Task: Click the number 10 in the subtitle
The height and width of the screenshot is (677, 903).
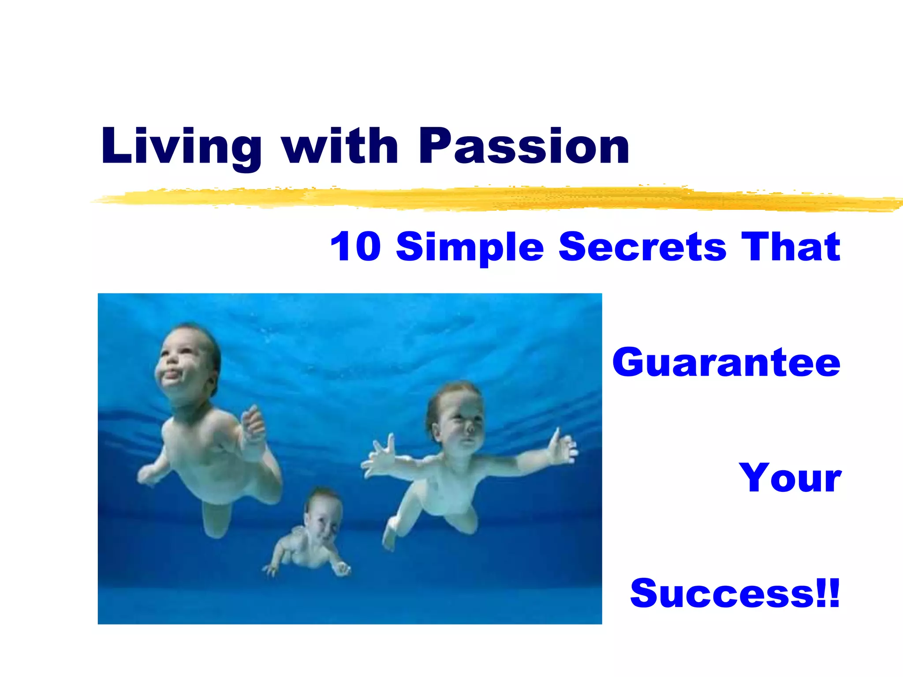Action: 355,246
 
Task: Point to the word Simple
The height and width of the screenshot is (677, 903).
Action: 470,247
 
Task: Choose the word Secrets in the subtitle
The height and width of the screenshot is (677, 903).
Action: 642,246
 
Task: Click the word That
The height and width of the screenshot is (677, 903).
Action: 791,246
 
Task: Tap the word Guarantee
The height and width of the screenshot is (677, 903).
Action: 726,362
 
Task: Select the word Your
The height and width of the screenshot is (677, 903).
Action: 790,478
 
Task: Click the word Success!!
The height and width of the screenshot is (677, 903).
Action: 735,593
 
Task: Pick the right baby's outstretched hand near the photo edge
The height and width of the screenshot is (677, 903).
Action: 562,447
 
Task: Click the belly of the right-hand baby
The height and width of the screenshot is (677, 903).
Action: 445,494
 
